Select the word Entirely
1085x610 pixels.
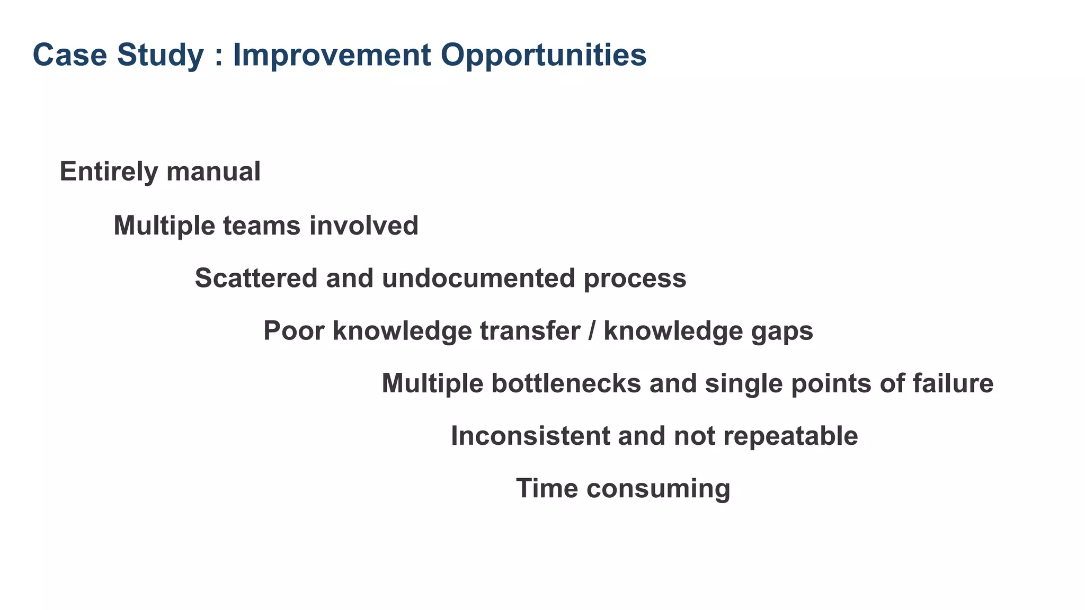click(x=109, y=172)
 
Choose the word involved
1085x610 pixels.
click(x=364, y=226)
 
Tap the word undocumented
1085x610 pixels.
click(x=478, y=278)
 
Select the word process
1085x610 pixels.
click(x=635, y=279)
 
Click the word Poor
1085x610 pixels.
click(x=294, y=331)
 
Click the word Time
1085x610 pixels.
click(x=547, y=488)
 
